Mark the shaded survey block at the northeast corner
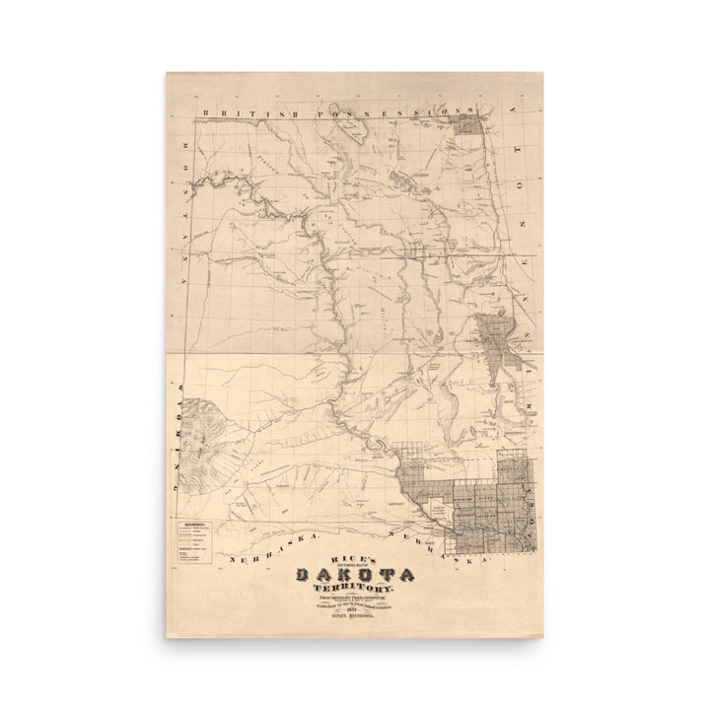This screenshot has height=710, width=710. tap(472, 123)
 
